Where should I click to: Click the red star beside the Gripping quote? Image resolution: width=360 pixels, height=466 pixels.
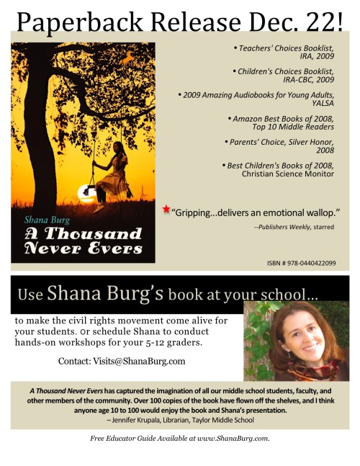pyautogui.click(x=166, y=210)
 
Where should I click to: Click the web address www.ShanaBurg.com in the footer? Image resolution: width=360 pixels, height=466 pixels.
pyautogui.click(x=230, y=438)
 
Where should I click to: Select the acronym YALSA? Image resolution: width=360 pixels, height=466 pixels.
pyautogui.click(x=320, y=102)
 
